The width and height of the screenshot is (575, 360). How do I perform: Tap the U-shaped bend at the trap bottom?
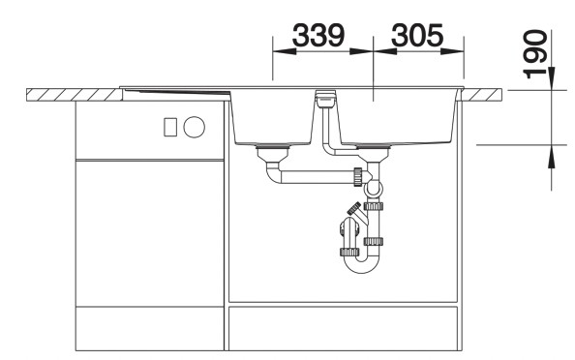click(x=361, y=259)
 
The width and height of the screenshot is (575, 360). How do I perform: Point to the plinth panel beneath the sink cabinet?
click(x=344, y=328)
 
